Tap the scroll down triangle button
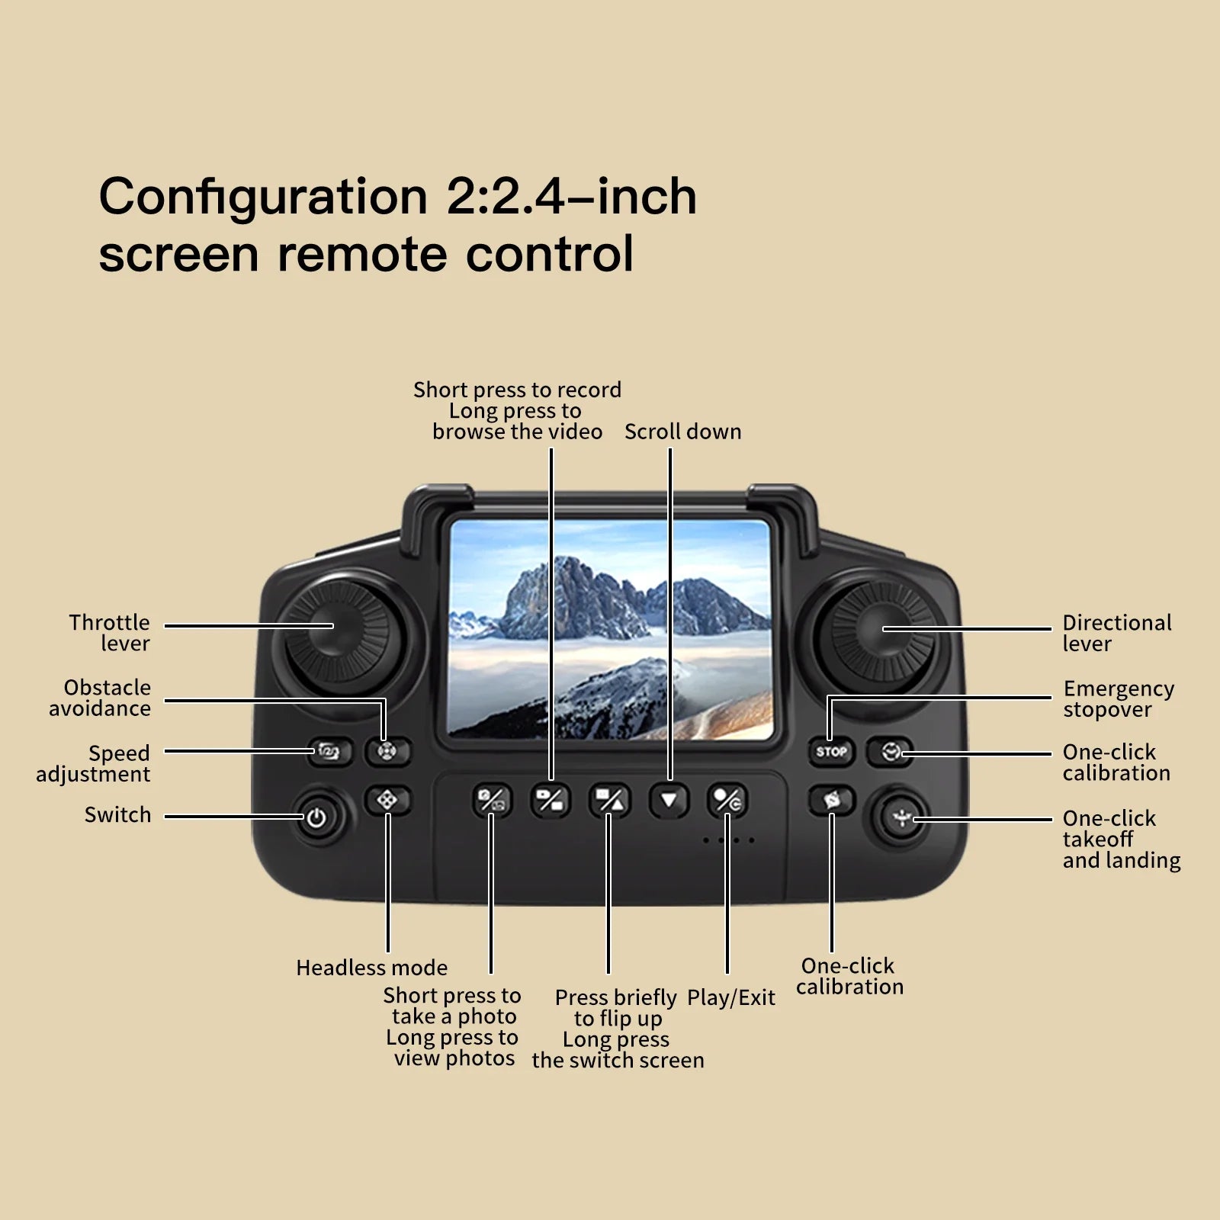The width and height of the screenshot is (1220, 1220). point(669,801)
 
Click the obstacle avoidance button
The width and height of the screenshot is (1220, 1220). point(387,752)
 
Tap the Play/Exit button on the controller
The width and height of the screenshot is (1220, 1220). point(727,801)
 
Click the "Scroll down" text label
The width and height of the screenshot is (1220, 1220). point(682,432)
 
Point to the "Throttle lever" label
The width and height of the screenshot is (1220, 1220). point(110,633)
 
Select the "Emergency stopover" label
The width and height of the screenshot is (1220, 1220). point(1118,698)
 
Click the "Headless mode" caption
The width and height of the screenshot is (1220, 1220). point(371,968)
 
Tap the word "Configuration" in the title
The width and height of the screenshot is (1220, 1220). point(263,197)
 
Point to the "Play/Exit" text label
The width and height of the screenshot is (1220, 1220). point(730,997)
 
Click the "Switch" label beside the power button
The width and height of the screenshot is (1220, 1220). point(117,815)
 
